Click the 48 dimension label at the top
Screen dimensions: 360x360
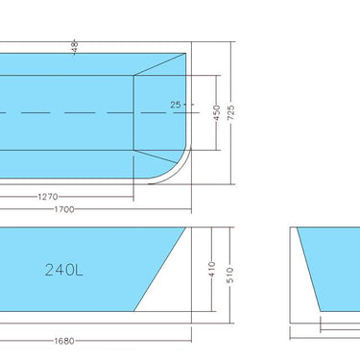click(74, 44)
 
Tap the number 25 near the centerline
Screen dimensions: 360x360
click(176, 104)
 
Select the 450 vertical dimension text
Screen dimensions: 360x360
click(217, 112)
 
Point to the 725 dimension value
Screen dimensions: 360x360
click(244, 113)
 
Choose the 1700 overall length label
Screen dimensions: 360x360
click(65, 208)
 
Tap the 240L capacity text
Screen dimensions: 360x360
click(63, 270)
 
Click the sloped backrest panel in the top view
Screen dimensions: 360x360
click(156, 111)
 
